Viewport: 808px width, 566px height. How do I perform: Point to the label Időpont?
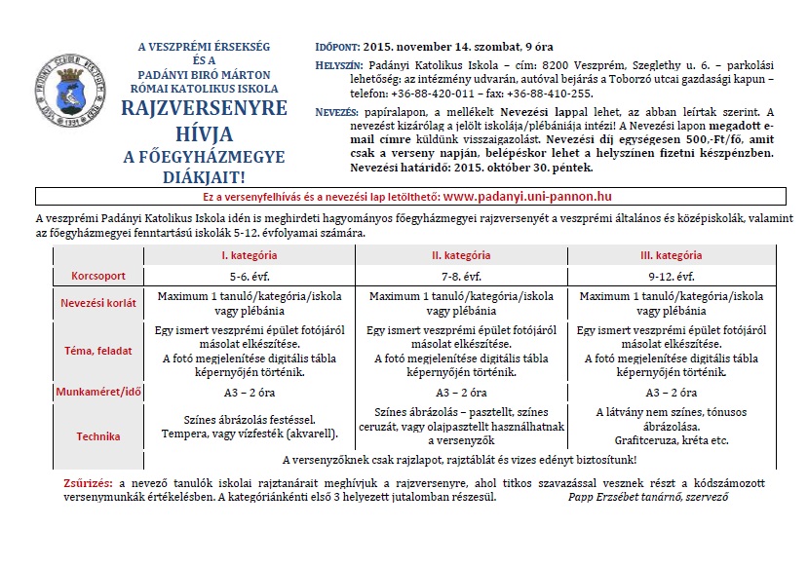coord(337,46)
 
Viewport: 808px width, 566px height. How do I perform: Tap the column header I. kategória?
coord(250,255)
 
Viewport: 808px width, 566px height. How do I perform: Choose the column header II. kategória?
coord(461,255)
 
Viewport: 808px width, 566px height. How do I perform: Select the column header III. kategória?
coord(672,255)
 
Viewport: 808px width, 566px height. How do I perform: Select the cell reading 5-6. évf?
coord(250,276)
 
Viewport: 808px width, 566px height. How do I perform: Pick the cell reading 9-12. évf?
coord(672,276)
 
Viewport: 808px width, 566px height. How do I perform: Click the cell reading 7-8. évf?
coord(461,276)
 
